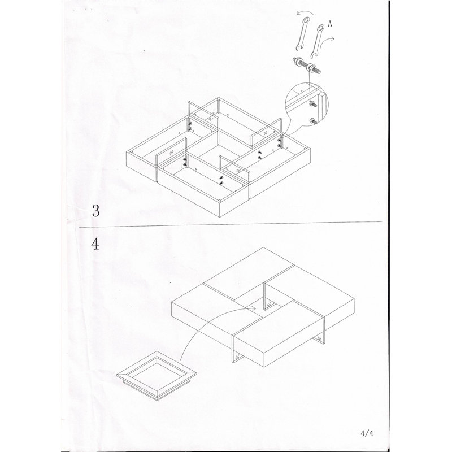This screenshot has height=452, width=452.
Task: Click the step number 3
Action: click(x=95, y=211)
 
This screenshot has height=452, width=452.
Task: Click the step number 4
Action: click(x=95, y=244)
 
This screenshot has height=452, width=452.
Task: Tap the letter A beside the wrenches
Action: click(x=330, y=24)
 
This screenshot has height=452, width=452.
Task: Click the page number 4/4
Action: click(x=367, y=433)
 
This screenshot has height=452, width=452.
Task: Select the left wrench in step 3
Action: click(x=302, y=34)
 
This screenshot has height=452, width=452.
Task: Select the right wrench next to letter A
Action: click(x=317, y=41)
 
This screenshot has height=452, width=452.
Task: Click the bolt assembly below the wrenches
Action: click(x=307, y=66)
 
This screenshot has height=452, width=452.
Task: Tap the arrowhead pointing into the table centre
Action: click(x=253, y=308)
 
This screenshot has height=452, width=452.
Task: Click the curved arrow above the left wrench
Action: click(x=305, y=12)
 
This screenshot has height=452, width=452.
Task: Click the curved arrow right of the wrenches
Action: click(x=327, y=41)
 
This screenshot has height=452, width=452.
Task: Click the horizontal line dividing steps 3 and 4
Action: click(x=231, y=224)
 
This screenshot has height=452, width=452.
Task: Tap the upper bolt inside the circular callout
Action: click(x=312, y=104)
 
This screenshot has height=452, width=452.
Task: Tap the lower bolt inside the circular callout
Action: click(x=312, y=121)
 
